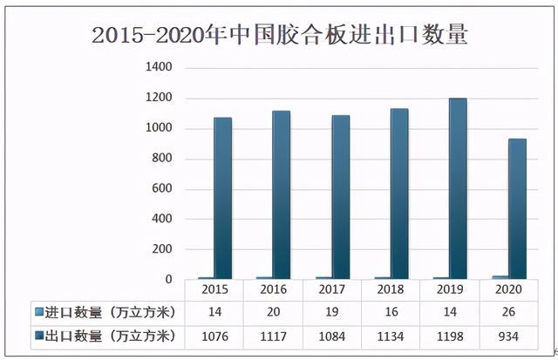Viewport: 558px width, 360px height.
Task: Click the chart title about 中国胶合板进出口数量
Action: [279, 35]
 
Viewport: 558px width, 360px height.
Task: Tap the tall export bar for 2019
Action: [458, 189]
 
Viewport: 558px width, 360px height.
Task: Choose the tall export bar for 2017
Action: [340, 198]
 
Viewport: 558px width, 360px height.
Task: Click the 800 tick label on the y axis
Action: [164, 159]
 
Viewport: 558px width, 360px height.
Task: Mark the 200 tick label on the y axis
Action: [164, 249]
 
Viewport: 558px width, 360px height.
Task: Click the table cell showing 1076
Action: [214, 336]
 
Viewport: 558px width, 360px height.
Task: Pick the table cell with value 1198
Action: [449, 336]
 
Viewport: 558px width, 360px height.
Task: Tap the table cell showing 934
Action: [507, 336]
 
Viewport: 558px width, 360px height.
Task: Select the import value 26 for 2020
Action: [507, 312]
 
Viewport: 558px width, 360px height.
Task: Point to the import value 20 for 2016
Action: [273, 312]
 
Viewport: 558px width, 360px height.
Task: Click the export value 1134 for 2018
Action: [390, 336]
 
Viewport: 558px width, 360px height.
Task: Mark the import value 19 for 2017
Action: [331, 312]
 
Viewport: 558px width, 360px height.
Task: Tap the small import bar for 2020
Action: [499, 277]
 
